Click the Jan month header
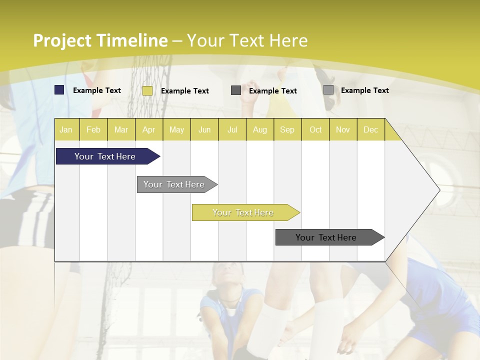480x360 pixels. click(66, 129)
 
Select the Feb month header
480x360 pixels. click(93, 129)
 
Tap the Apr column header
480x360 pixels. click(149, 129)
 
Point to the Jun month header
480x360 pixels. click(204, 129)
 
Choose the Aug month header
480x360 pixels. click(260, 129)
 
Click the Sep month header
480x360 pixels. click(287, 129)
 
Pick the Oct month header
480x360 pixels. click(315, 129)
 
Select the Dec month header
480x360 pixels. click(371, 129)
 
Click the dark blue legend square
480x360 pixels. click(59, 90)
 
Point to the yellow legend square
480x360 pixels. click(147, 90)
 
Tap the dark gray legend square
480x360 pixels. click(236, 90)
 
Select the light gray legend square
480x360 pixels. click(328, 90)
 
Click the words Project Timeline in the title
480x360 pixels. click(100, 40)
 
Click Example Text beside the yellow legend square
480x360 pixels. click(185, 91)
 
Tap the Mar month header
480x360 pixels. click(121, 129)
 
